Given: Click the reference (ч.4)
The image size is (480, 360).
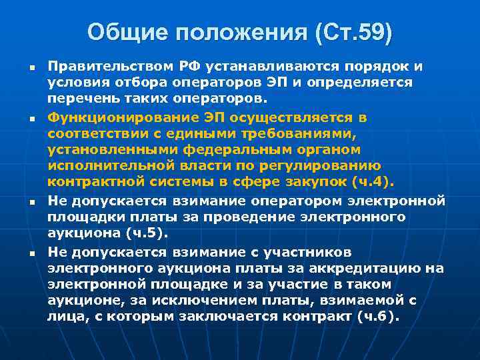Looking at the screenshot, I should [377, 182].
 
